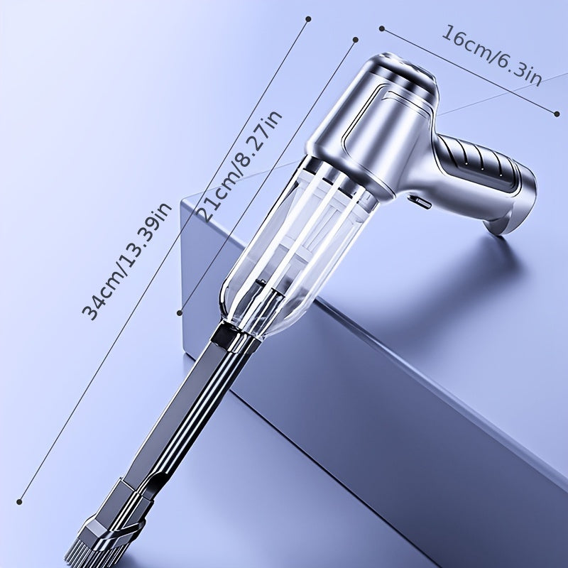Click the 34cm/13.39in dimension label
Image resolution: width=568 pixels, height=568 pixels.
coord(127,261)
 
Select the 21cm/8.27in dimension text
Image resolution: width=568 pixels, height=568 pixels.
coord(239,166)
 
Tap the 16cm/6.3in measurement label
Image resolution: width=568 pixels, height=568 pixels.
coord(491,55)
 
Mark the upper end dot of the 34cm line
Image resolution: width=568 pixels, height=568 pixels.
coord(308,19)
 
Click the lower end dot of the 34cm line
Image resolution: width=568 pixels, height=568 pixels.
coord(20,502)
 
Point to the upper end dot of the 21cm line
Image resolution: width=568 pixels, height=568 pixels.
coord(356,40)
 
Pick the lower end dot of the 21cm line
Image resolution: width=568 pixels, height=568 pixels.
coord(180,312)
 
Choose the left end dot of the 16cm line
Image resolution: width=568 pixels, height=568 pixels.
coord(381,28)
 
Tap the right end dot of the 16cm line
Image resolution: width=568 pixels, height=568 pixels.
coord(557,114)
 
